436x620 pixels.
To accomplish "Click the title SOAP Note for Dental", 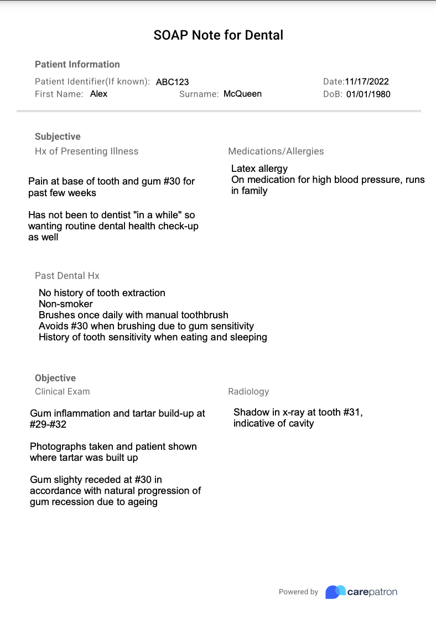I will (218, 35).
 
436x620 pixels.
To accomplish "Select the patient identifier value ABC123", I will (172, 82).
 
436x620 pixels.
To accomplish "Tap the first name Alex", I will (98, 94).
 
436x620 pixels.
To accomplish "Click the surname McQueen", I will (242, 94).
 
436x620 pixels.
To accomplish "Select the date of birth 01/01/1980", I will (368, 94).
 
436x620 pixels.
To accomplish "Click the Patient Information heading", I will (77, 64).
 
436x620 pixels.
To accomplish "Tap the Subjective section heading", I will (58, 136).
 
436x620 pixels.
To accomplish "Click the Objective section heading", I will (55, 378).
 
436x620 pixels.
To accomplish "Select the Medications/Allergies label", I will (276, 151).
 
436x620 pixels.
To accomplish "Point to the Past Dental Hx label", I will (67, 275).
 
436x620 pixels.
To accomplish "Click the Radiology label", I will (248, 391).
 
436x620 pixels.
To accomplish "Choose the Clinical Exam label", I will (62, 391).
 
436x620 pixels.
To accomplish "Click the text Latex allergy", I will (259, 169).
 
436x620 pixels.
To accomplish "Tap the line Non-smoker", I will (66, 304).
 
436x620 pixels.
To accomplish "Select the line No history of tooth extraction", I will (102, 293).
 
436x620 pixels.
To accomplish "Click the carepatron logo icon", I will (335, 592).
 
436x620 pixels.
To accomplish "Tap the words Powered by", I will (298, 592).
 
